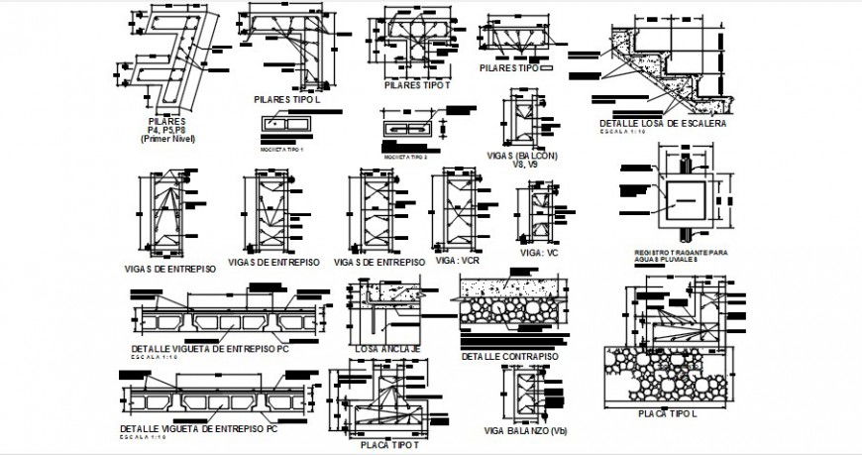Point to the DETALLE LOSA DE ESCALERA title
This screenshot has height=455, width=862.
click(x=663, y=124)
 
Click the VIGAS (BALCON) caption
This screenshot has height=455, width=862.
click(x=522, y=156)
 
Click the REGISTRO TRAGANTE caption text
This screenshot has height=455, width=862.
click(x=680, y=254)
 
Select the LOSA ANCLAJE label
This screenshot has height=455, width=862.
click(x=387, y=349)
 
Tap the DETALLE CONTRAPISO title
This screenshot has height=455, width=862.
click(x=509, y=355)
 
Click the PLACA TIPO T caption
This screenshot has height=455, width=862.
click(x=386, y=445)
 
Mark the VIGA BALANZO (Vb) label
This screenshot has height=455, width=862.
click(x=532, y=431)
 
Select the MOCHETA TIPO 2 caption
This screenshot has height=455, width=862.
click(x=406, y=157)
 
